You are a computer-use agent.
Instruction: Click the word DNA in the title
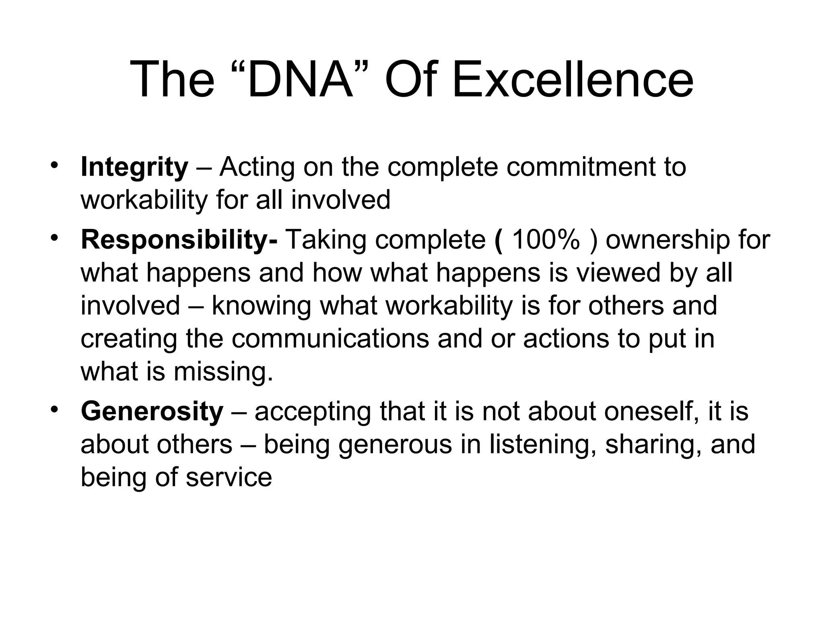click(x=300, y=79)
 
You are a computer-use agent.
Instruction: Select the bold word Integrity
click(x=134, y=167)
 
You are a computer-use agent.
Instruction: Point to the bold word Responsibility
click(x=177, y=240)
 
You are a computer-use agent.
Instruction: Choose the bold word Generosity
click(x=152, y=412)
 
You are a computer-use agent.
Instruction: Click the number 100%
click(x=546, y=240)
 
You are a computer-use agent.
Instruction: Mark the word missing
click(x=223, y=372)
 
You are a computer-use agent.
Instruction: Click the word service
click(x=229, y=478)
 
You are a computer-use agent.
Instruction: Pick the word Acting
click(x=257, y=167)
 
